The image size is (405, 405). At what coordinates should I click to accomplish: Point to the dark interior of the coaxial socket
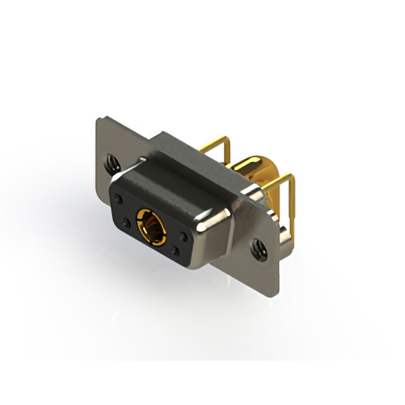coord(151,223)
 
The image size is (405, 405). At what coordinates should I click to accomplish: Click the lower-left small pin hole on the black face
coord(127,223)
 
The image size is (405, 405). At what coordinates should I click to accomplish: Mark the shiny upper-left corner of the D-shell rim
coord(120,173)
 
